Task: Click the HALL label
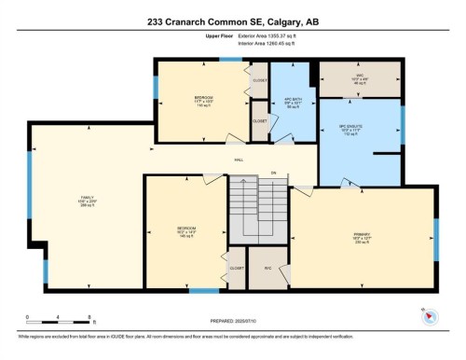[x=240, y=159]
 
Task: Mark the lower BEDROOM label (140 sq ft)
[x=186, y=229]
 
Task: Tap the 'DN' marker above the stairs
[x=274, y=173]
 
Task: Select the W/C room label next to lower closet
[x=267, y=268]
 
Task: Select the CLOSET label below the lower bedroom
[x=237, y=268]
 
